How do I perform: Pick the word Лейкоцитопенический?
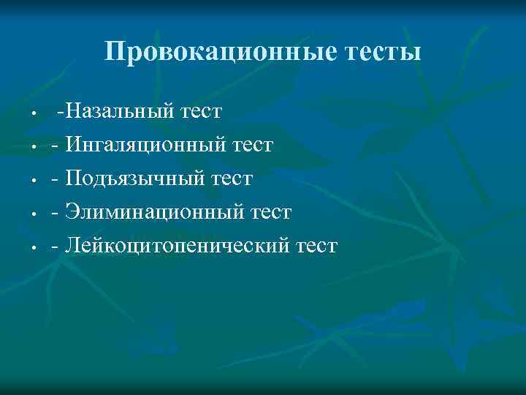click(x=175, y=246)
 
